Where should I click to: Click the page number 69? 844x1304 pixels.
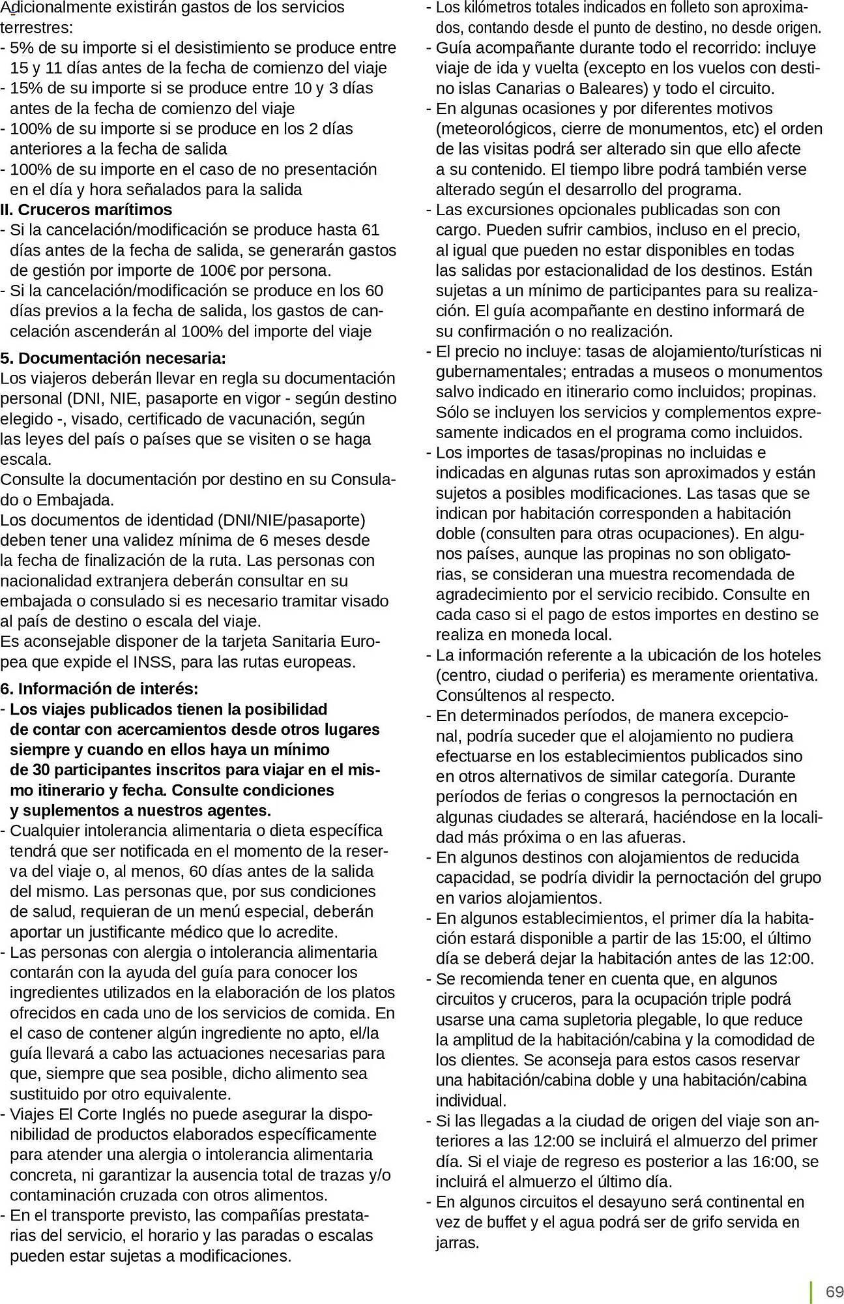tap(834, 1292)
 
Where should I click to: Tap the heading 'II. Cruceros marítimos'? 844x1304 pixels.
tap(86, 210)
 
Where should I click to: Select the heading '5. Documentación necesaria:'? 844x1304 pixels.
tap(113, 358)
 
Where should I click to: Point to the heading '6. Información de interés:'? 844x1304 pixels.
tap(99, 689)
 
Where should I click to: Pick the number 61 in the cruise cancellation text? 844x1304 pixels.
tap(370, 230)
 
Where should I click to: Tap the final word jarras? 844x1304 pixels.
tap(458, 1243)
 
